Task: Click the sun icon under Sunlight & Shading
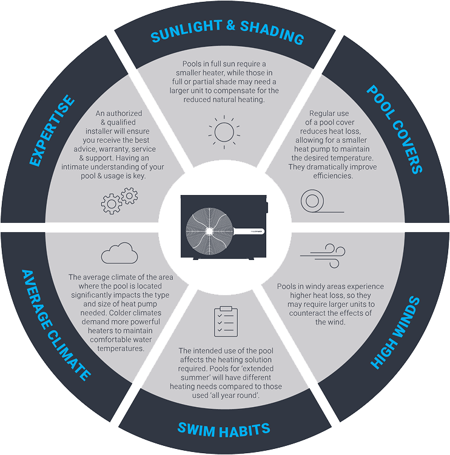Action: click(224, 132)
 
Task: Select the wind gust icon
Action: click(323, 255)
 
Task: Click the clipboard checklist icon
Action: click(226, 321)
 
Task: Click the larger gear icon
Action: click(111, 204)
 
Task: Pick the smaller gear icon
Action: click(129, 196)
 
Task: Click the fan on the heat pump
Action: click(209, 231)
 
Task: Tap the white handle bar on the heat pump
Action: click(249, 231)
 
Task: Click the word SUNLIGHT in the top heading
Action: click(187, 31)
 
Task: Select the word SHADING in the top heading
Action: click(272, 33)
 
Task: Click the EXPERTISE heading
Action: click(52, 130)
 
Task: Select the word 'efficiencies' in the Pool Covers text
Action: click(333, 176)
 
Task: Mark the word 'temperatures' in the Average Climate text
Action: click(121, 348)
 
